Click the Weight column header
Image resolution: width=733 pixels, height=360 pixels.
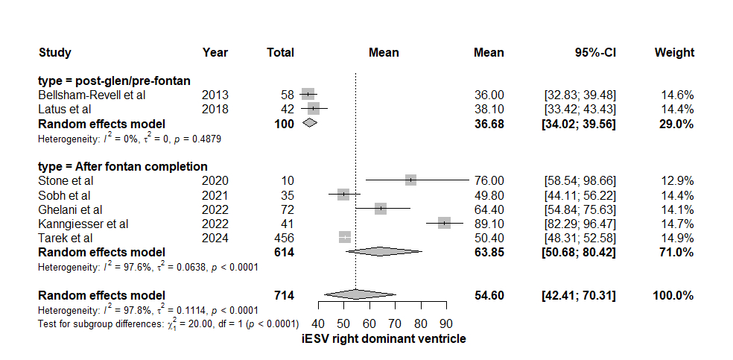(x=674, y=53)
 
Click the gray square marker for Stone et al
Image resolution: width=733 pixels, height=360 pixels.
(x=410, y=180)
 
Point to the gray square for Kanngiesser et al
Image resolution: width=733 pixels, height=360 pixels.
(x=445, y=223)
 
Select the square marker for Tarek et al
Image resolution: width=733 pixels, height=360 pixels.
(x=345, y=237)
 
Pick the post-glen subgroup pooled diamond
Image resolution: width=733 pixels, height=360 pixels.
(x=310, y=123)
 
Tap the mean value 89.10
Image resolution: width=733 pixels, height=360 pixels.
(x=489, y=223)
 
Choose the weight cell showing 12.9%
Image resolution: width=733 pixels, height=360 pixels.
(x=677, y=180)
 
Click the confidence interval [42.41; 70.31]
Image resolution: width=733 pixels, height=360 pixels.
(x=580, y=296)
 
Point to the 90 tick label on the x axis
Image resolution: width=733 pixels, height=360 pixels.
(x=445, y=323)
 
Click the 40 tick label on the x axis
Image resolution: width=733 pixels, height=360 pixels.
(x=318, y=323)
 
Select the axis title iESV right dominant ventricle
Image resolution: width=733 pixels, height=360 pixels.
(x=384, y=339)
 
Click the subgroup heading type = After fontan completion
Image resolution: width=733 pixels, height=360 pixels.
(x=122, y=166)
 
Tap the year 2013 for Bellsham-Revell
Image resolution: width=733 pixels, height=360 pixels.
(x=215, y=95)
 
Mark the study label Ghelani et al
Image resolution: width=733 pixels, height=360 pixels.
(x=70, y=209)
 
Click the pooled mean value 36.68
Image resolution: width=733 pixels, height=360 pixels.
(x=489, y=124)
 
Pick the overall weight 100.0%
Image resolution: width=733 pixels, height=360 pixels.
(x=673, y=296)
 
